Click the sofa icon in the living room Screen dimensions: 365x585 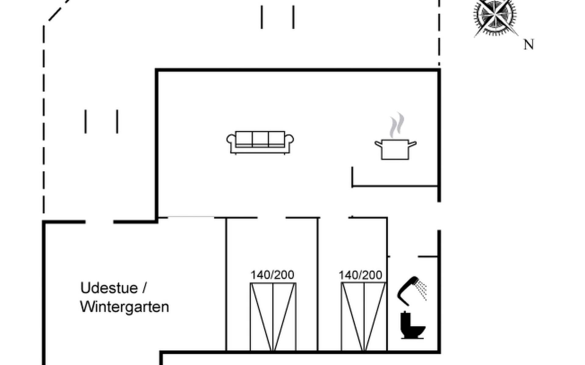point(260,142)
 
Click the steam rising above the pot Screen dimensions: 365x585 point(396,125)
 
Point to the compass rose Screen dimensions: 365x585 point(495,15)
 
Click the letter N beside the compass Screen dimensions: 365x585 point(529,45)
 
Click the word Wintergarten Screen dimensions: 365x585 point(124,307)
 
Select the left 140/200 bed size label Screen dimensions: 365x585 point(272,275)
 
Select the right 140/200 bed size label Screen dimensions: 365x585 point(360,275)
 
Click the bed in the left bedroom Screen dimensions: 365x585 point(273,316)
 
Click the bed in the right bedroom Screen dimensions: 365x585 point(364,316)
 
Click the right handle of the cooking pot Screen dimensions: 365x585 point(412,144)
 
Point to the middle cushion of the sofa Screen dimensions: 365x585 point(260,139)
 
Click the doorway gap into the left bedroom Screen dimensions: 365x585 point(271,218)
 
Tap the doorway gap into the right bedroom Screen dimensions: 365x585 point(334,218)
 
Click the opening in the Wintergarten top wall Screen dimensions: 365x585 point(99,222)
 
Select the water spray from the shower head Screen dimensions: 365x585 point(422,289)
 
